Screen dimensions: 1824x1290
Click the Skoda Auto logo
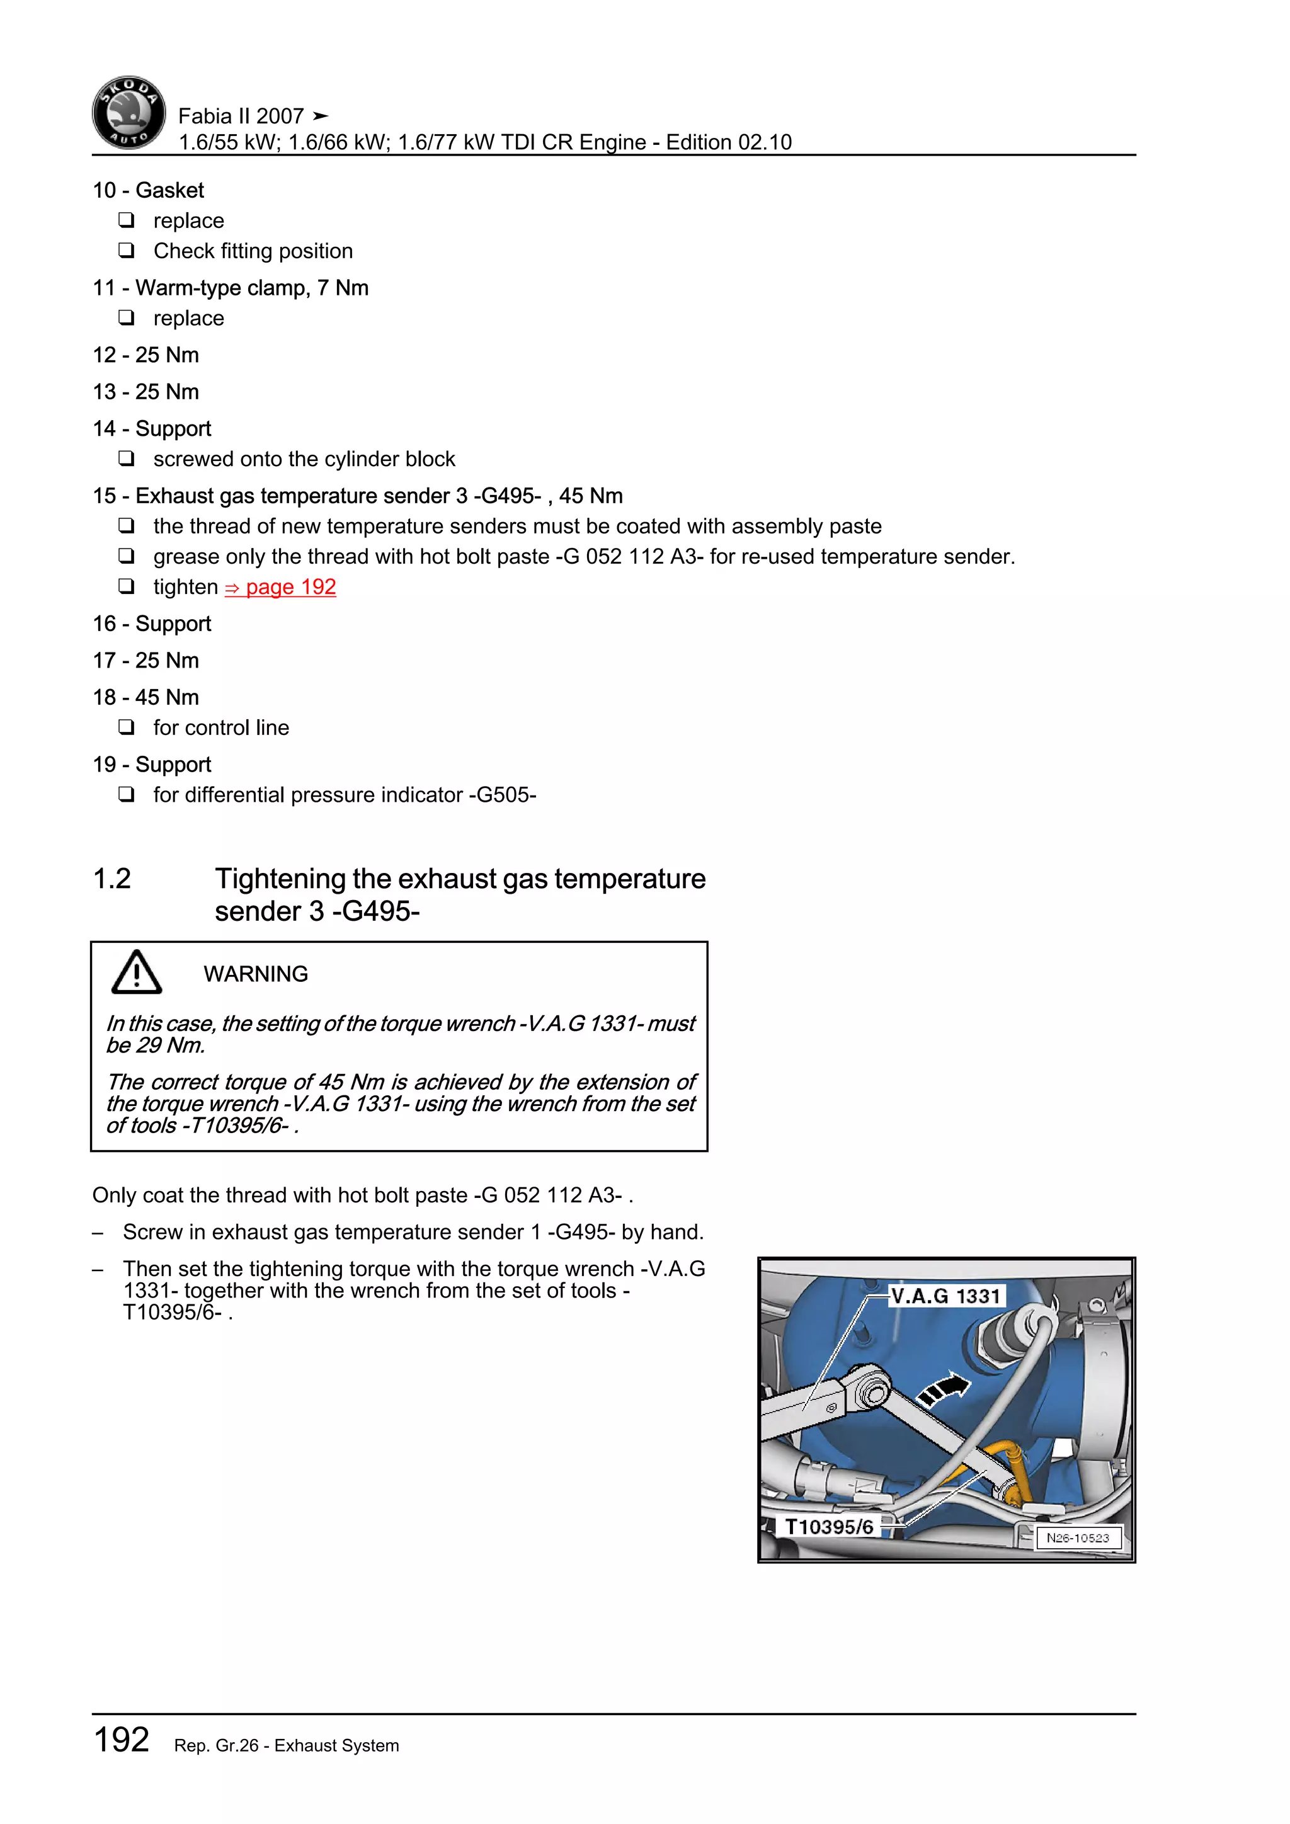pos(128,113)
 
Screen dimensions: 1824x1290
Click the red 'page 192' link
pos(280,587)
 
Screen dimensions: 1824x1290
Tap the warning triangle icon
pos(137,973)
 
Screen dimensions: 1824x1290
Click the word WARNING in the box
pos(256,974)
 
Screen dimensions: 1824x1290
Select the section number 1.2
pos(112,879)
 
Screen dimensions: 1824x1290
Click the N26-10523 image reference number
pos(1077,1538)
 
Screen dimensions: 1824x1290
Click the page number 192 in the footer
pos(122,1740)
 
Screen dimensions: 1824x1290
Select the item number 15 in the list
pos(104,496)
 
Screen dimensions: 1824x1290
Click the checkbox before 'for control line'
pos(127,727)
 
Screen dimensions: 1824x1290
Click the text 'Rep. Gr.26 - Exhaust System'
pos(287,1745)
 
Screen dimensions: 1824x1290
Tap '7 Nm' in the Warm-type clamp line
pos(343,288)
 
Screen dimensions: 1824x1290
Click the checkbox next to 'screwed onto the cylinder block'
pos(127,459)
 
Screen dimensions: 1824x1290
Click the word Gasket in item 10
pos(169,191)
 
